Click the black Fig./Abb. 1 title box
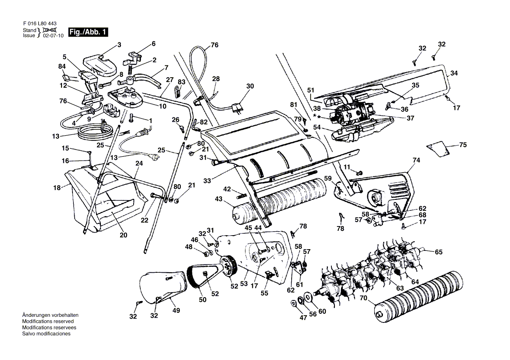click(x=88, y=32)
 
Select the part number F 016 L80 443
click(x=40, y=24)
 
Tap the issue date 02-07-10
click(x=53, y=35)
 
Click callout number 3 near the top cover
click(x=119, y=45)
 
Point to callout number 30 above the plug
click(x=250, y=86)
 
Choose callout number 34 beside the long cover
click(x=454, y=73)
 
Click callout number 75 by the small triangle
click(x=463, y=144)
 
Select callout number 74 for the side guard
click(x=416, y=160)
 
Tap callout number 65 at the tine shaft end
click(x=439, y=252)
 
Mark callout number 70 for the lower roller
click(x=363, y=298)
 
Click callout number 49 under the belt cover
click(x=176, y=310)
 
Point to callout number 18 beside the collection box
click(x=57, y=188)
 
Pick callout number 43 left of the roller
click(x=219, y=199)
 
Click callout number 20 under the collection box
click(x=123, y=235)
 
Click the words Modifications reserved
click(x=48, y=321)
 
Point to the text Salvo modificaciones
click(x=46, y=334)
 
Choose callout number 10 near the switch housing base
click(x=162, y=106)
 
